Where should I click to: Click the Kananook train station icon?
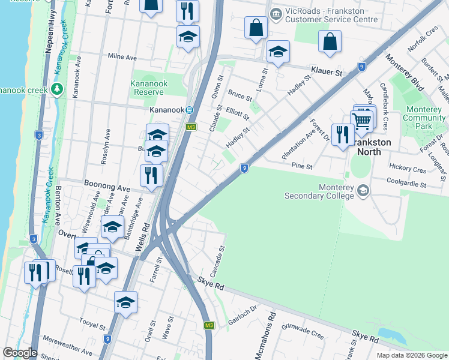tap(189, 110)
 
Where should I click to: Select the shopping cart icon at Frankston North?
tap(361, 120)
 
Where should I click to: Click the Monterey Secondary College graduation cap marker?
tap(363, 190)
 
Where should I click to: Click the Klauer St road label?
tap(325, 71)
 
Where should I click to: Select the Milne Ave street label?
tap(123, 56)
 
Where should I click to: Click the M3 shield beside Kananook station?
tap(191, 127)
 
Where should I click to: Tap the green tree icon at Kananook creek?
tap(57, 90)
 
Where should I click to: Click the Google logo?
tap(20, 352)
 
